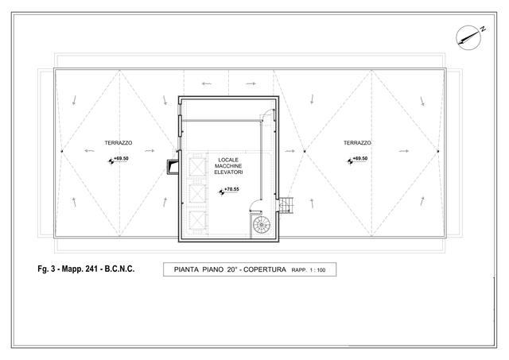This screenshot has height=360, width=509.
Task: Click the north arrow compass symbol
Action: click(468, 37)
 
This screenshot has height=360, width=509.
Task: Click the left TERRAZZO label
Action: click(119, 143)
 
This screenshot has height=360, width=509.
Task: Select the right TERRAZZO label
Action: click(357, 143)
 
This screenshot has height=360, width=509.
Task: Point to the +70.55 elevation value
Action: click(231, 189)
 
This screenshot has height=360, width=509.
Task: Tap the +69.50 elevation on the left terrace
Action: click(121, 158)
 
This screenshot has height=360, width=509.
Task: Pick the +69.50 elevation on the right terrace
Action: click(360, 158)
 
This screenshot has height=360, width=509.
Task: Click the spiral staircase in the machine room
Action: click(262, 224)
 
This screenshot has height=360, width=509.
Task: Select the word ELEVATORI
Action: click(228, 172)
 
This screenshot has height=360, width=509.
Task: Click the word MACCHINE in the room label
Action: click(228, 166)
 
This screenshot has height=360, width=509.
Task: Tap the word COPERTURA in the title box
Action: click(265, 269)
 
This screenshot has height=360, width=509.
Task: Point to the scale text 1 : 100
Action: click(317, 270)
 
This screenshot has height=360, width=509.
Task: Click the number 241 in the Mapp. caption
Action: click(91, 269)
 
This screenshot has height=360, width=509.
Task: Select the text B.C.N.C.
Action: click(119, 269)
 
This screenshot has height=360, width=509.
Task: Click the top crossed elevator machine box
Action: click(197, 167)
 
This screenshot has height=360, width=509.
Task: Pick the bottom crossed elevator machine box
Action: click(197, 220)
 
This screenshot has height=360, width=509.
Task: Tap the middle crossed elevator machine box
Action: click(197, 193)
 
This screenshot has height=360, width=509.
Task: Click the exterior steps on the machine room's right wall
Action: click(286, 205)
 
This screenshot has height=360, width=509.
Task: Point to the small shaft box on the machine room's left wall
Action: click(173, 167)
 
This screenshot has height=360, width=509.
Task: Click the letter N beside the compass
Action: click(483, 29)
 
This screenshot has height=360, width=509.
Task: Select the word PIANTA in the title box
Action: click(186, 269)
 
